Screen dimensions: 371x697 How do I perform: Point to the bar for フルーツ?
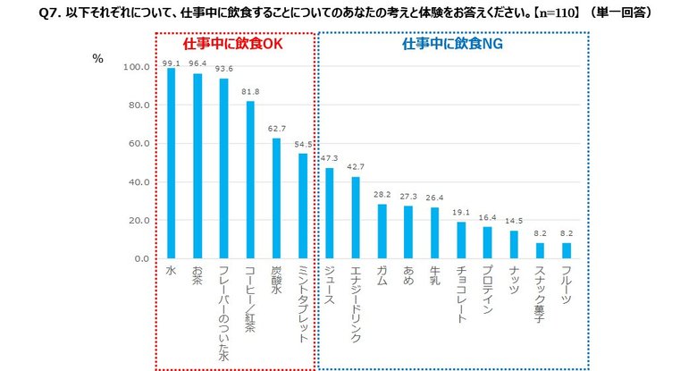[x=566, y=250]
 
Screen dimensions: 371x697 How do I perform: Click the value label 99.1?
[x=171, y=63]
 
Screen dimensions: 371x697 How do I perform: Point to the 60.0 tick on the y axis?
[x=136, y=144]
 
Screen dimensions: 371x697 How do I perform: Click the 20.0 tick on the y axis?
[x=136, y=220]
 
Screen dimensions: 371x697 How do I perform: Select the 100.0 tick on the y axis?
[x=134, y=67]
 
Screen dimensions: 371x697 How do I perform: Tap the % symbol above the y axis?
[x=97, y=59]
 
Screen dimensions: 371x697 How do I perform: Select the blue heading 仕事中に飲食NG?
[x=452, y=42]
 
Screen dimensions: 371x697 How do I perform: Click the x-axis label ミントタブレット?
[x=303, y=304]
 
